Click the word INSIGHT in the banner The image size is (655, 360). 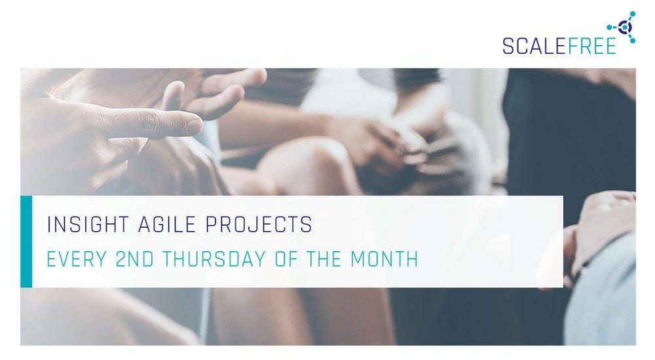click(88, 225)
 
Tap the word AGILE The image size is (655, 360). click(166, 225)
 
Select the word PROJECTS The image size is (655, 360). click(259, 225)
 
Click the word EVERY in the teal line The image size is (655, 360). click(77, 259)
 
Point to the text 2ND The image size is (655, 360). click(134, 259)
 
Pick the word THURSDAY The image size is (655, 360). click(214, 259)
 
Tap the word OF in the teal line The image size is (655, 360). click(286, 259)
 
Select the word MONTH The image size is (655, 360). click(384, 259)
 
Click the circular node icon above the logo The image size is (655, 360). click(624, 27)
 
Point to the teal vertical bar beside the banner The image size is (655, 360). click(26, 242)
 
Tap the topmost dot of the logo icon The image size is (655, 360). click(633, 14)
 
